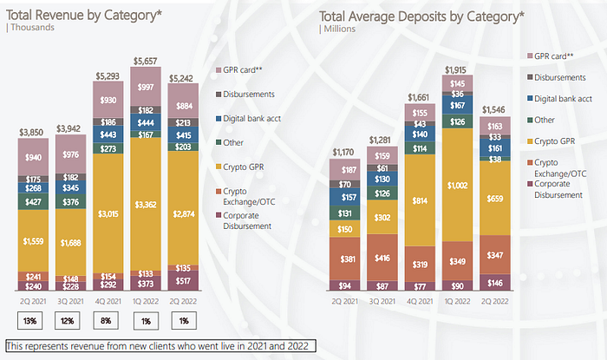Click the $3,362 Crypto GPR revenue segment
(x=146, y=204)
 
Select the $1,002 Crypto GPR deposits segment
(x=457, y=185)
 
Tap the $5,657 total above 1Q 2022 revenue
(x=145, y=61)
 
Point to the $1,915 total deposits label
(x=455, y=70)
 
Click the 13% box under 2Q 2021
(x=29, y=320)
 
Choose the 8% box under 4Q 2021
(x=106, y=320)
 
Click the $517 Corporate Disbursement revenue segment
(x=183, y=281)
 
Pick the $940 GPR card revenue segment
(x=33, y=157)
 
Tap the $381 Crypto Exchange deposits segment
(x=344, y=259)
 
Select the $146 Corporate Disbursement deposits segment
(x=495, y=283)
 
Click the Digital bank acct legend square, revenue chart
(x=219, y=119)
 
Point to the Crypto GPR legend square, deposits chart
(x=530, y=141)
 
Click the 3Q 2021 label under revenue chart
(x=70, y=301)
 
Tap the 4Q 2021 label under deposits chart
(x=420, y=301)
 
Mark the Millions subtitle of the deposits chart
(x=340, y=29)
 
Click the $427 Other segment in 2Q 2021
(x=33, y=201)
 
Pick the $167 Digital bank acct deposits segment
(x=457, y=105)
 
